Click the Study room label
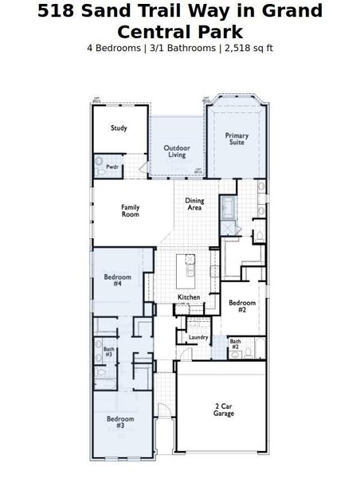click(x=119, y=128)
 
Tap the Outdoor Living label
click(x=177, y=151)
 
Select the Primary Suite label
click(x=237, y=139)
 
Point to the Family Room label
click(x=131, y=211)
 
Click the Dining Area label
click(x=194, y=205)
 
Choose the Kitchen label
click(x=189, y=297)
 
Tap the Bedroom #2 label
click(x=242, y=307)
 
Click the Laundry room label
click(x=198, y=337)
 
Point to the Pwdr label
click(x=112, y=167)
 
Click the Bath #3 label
click(x=108, y=351)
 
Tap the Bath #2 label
click(x=235, y=344)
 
